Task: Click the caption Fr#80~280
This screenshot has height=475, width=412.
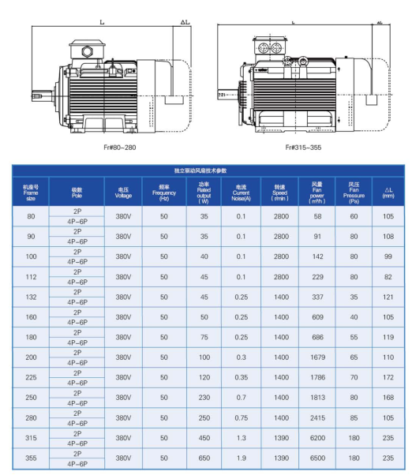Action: tap(120, 148)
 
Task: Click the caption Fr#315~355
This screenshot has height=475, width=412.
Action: tap(303, 148)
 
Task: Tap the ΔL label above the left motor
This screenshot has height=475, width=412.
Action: tap(185, 22)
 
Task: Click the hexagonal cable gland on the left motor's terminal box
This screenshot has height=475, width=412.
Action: tap(88, 50)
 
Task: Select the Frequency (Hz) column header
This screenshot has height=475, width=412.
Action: tap(164, 193)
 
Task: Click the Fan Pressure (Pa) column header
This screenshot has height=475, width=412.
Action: tap(354, 193)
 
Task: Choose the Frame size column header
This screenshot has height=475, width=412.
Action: tap(31, 193)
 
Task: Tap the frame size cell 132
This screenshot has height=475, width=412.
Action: tap(31, 297)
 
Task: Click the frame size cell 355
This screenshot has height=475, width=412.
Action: tap(31, 458)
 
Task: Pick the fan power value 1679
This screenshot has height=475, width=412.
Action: tap(317, 357)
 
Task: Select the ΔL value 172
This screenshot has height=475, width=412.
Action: tap(388, 377)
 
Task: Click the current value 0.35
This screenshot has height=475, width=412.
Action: tap(242, 377)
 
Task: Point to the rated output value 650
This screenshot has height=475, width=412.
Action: tap(204, 458)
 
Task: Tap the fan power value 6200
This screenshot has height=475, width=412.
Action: tap(317, 438)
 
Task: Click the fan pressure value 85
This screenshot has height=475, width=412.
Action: tap(354, 418)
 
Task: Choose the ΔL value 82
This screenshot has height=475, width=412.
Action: tap(388, 277)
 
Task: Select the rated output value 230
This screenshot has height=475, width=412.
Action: tap(204, 398)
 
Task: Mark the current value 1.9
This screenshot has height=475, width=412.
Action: tap(242, 458)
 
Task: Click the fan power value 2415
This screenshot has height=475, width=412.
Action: tap(317, 418)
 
